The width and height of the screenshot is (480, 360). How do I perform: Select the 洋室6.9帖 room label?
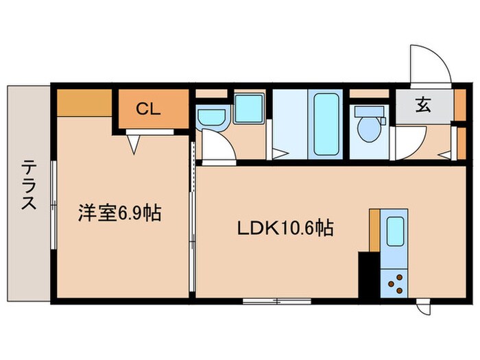[x=119, y=214]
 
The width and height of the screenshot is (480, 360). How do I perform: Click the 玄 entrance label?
[x=423, y=106]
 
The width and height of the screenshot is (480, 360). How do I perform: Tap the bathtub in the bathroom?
[x=325, y=123]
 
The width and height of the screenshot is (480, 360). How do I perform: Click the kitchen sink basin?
[x=396, y=232]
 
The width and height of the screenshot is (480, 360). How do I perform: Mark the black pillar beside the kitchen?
[x=368, y=274]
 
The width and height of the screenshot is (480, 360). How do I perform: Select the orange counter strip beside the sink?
[x=374, y=230]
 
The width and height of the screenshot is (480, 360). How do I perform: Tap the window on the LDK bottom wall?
[x=276, y=300]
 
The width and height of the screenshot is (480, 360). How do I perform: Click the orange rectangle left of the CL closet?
[x=84, y=103]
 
